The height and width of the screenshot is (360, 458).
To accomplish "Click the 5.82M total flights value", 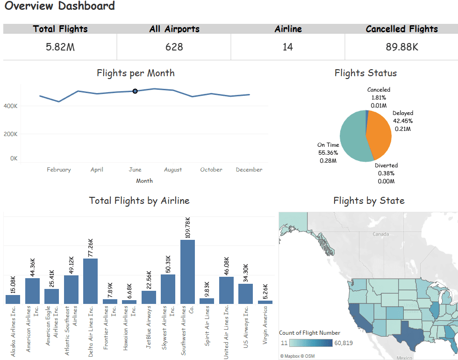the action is coord(60,47).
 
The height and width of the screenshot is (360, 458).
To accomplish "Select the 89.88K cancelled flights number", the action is coord(402,47).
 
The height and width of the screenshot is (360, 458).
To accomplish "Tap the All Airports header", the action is coord(174,29).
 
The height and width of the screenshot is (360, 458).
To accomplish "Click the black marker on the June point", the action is coord(135,91).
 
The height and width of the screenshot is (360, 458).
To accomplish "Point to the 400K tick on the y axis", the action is coord(10,106).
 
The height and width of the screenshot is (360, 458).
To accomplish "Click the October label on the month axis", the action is coord(211,169).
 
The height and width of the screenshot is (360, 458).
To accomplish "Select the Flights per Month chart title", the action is coord(136,73).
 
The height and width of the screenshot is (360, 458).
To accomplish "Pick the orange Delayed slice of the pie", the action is coord(379,135).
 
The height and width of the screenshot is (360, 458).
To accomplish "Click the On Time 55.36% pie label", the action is coord(328,152).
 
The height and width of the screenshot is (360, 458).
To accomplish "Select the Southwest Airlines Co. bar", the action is coord(187,272).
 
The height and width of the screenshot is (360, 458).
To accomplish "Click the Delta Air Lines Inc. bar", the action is coord(90,281).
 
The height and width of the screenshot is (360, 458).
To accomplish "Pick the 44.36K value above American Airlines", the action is coord(32,267).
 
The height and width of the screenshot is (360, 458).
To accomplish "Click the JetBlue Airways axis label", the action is coord(149,327).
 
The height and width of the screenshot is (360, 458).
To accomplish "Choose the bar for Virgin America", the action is coord(265,302).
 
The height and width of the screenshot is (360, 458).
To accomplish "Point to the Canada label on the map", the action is coord(380,234).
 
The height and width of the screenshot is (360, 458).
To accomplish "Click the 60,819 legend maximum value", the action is coord(343,343).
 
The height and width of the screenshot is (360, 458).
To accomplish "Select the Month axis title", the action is coord(144,181).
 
